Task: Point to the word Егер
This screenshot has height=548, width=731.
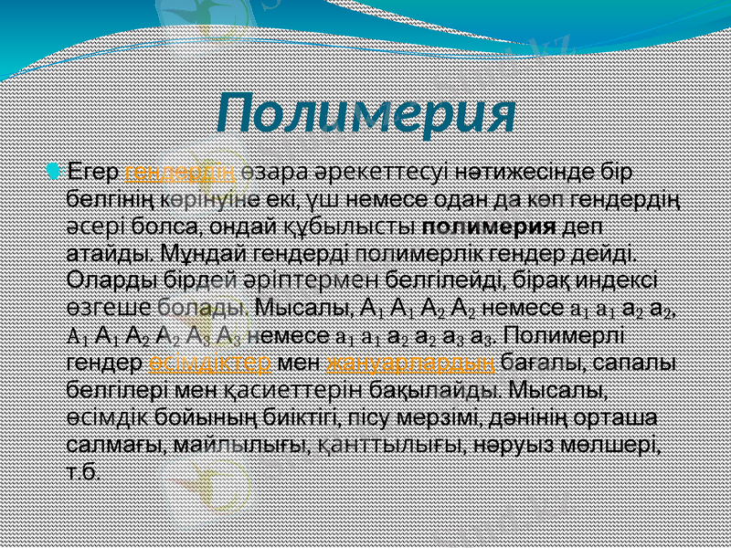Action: coord(95,172)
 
